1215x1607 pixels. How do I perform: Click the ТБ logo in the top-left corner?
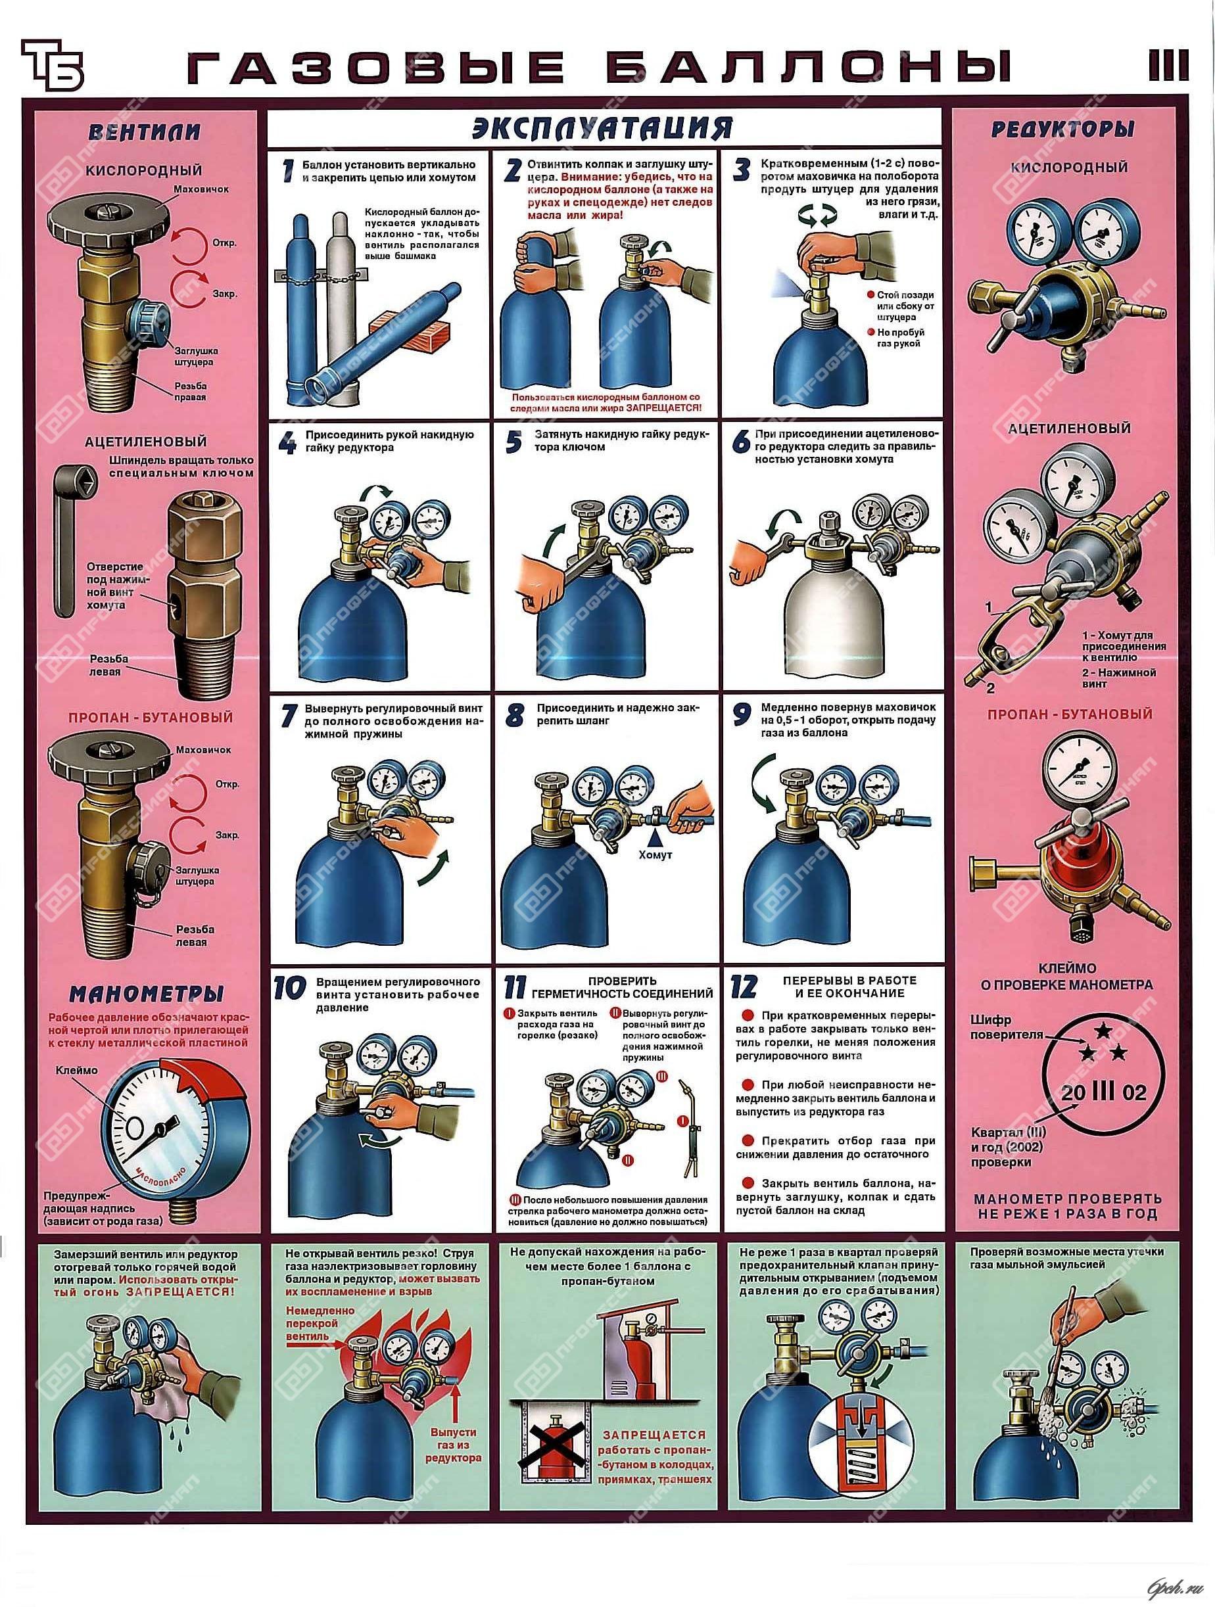coord(53,64)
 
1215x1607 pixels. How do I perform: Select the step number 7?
coord(290,715)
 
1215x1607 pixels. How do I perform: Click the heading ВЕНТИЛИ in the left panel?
coord(144,133)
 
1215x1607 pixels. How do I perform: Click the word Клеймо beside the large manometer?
coord(77,1071)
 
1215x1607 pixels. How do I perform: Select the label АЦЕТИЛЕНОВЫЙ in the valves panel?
coord(145,442)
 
